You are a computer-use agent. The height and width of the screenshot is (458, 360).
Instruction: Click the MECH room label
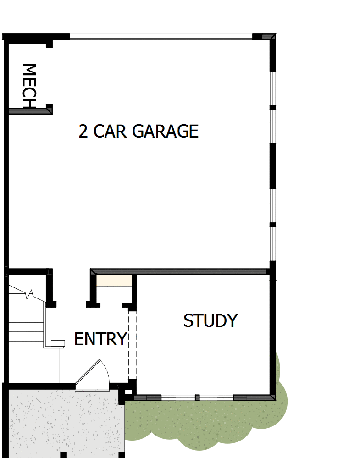point(28,86)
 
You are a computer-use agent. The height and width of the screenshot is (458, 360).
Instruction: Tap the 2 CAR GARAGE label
point(138,132)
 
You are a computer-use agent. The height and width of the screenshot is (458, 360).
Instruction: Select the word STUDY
point(210,321)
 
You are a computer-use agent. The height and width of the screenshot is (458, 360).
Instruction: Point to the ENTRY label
point(100,339)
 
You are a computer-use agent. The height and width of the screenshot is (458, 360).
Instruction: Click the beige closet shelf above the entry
point(114,281)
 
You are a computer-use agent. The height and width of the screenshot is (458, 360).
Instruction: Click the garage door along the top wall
point(161,36)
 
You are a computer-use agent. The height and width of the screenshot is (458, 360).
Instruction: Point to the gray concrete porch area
point(64,422)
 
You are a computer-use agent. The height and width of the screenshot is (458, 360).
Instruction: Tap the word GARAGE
point(165,132)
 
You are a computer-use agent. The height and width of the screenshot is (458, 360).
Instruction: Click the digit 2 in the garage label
point(83,132)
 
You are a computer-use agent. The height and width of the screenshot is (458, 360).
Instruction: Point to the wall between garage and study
point(179,272)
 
